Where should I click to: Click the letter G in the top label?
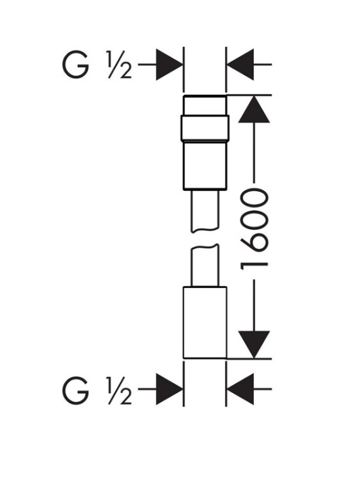coord(75,65)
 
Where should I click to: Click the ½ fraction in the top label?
coord(120,65)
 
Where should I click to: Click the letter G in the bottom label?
coord(75,391)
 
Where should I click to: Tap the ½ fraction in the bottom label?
coord(120,390)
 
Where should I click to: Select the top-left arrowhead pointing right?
coord(169,64)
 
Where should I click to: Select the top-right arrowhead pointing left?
coord(240,64)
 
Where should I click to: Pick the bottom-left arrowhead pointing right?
coord(169,389)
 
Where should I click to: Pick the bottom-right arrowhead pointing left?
coord(240,389)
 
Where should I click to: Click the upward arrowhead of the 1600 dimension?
coord(254,109)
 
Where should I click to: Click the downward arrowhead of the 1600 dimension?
coord(254,344)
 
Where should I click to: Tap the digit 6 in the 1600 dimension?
coord(254,242)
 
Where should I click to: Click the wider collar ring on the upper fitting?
coord(205,128)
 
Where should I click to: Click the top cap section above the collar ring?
coord(205,106)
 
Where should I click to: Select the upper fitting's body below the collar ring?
coord(205,165)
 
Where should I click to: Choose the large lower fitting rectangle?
coord(205,323)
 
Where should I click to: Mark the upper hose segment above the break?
coord(205,211)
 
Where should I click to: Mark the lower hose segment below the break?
coord(205,266)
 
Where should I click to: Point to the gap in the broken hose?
coord(205,238)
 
